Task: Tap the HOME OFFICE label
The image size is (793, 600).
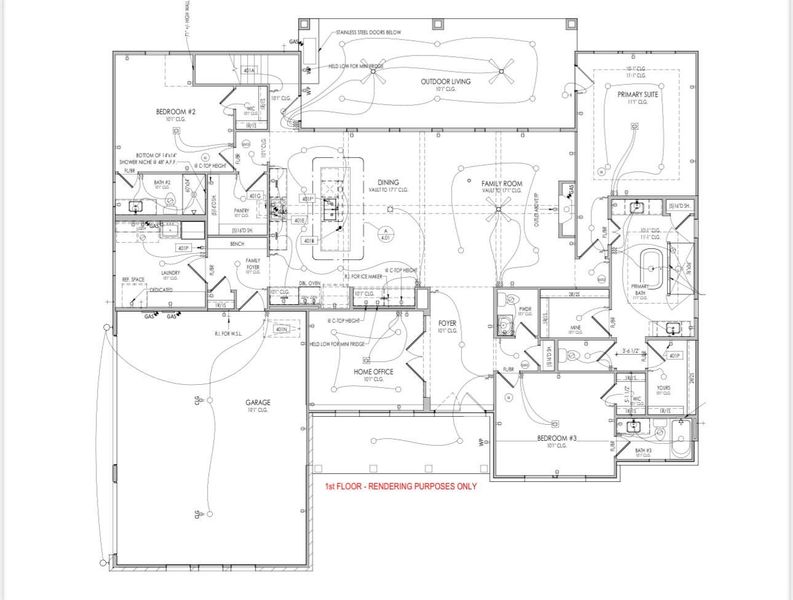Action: click(x=373, y=372)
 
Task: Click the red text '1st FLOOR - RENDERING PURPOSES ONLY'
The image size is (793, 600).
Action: click(x=399, y=486)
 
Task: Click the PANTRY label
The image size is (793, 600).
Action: click(x=241, y=211)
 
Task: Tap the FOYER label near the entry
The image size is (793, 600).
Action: click(x=447, y=324)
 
